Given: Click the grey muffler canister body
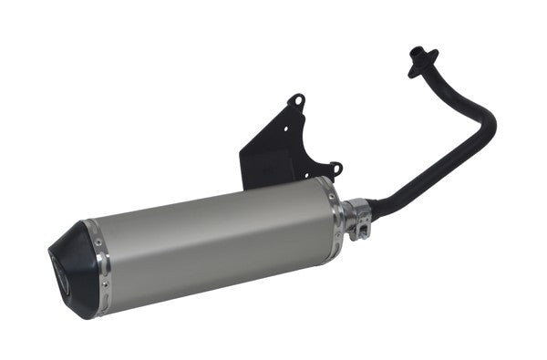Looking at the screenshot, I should coord(210,242).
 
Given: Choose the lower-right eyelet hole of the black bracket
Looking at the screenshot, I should coord(335,168).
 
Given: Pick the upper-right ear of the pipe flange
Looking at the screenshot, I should coord(434,52).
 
